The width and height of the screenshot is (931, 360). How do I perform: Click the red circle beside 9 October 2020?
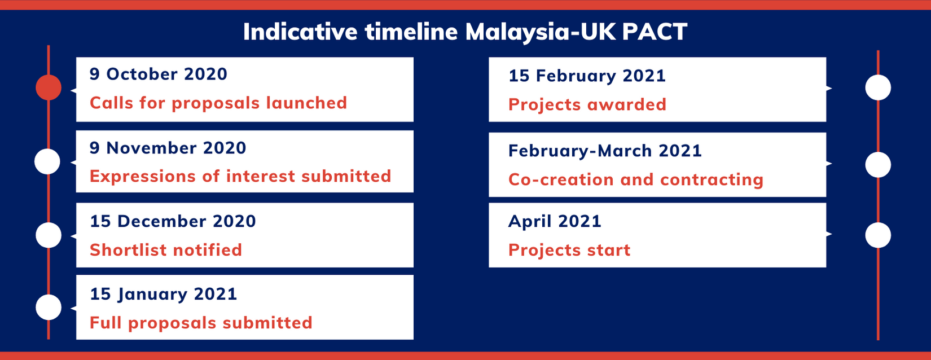tap(49, 87)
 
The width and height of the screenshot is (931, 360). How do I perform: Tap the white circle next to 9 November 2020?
tap(47, 161)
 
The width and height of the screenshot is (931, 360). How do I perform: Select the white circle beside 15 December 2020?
tap(49, 235)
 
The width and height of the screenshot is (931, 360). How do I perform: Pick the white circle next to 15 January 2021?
tap(49, 307)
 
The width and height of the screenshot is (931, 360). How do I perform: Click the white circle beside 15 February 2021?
tap(878, 87)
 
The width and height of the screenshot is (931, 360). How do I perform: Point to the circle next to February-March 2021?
tap(878, 165)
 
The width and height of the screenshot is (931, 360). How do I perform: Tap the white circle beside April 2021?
tap(878, 235)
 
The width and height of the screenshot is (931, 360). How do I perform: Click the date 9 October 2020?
tap(159, 74)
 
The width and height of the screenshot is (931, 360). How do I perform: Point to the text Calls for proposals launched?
tap(218, 103)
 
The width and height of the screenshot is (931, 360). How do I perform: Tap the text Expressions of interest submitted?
tap(240, 176)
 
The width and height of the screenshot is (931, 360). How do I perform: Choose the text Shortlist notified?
tap(166, 250)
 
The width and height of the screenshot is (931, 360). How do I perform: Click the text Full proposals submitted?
tap(201, 323)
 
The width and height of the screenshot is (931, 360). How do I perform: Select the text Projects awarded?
tap(587, 104)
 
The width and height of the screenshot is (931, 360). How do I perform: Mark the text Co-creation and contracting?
tap(636, 179)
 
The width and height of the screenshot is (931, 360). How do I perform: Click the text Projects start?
tap(569, 250)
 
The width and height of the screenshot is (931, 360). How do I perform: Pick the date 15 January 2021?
tap(163, 294)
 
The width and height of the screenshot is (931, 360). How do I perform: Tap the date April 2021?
tap(555, 221)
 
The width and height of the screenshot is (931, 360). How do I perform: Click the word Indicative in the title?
tap(300, 32)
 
